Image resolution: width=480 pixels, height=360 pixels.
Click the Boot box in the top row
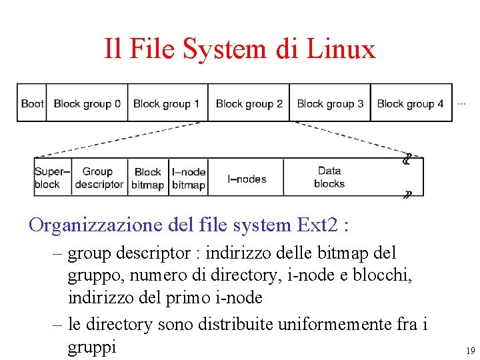click(x=31, y=103)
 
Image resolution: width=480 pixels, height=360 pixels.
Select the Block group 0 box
click(x=87, y=103)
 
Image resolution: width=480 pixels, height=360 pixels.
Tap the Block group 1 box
click(x=167, y=103)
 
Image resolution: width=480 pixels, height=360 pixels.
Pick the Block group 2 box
click(x=249, y=103)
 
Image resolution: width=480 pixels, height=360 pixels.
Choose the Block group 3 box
click(x=330, y=103)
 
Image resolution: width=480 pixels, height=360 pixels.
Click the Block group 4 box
click(x=411, y=103)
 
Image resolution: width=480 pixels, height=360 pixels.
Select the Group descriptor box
click(x=99, y=177)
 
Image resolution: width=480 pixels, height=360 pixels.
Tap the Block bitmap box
click(x=148, y=178)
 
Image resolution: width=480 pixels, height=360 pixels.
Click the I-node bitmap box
click(x=189, y=178)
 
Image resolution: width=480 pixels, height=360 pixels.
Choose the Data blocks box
click(x=329, y=177)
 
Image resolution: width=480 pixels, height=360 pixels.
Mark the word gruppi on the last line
click(x=92, y=347)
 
